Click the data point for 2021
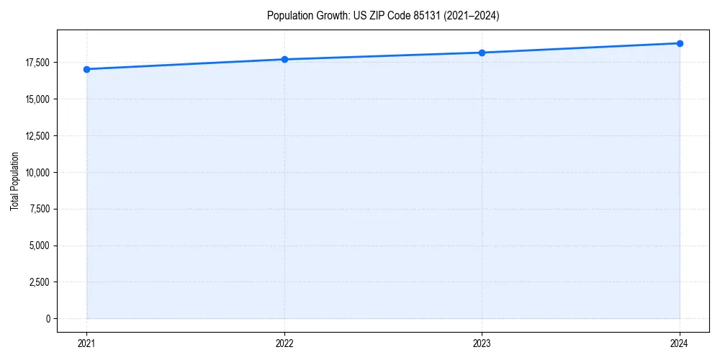87,69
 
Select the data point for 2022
284,59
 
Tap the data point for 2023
482,53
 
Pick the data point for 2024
680,43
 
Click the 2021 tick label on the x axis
87,343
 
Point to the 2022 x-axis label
284,343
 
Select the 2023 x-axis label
482,343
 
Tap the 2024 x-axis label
680,343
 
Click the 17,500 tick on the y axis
37,63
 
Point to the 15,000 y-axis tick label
37,99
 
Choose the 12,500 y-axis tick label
37,136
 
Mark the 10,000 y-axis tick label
37,173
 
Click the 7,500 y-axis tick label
40,210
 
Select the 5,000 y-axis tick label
40,246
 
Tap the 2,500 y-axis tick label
40,282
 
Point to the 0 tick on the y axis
48,319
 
